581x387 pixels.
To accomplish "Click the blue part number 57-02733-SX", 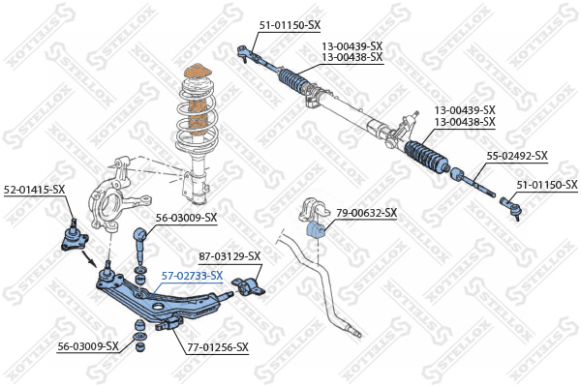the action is click(193, 276).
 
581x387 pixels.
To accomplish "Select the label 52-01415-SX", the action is click(35, 190).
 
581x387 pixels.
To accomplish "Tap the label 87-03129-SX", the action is click(229, 255).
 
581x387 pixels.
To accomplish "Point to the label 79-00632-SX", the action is click(366, 213).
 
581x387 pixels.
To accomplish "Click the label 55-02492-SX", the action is click(517, 156).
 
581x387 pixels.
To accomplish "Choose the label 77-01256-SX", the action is click(218, 347).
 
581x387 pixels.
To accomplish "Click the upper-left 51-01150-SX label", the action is click(290, 25).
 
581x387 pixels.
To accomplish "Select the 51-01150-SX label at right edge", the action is click(547, 185).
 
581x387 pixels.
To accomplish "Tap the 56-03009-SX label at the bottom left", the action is click(88, 346).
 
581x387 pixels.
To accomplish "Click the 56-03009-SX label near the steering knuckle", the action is click(186, 218).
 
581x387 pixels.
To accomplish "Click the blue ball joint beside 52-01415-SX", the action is click(74, 236).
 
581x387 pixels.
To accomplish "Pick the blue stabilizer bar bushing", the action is click(316, 230).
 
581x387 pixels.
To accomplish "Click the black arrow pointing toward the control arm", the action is click(89, 258).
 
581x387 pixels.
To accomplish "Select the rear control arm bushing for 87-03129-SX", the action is click(248, 287).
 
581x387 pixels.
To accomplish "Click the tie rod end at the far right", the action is click(511, 207).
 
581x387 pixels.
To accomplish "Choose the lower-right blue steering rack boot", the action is click(426, 157).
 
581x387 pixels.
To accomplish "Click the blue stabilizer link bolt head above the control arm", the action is click(140, 234).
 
